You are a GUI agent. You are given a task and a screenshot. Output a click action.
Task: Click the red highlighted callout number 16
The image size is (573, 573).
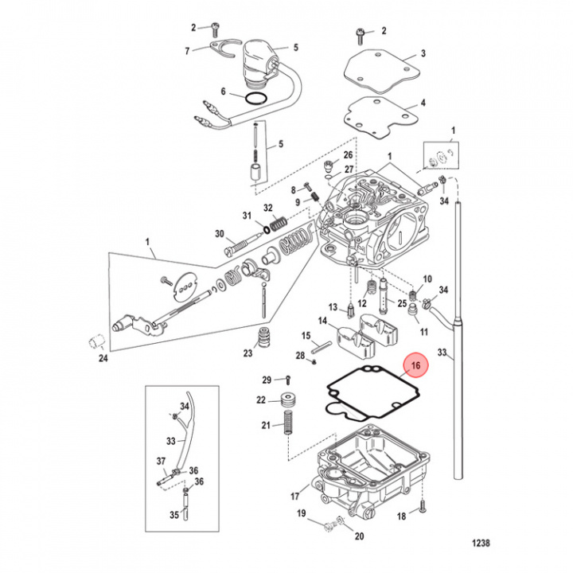coord(415,366)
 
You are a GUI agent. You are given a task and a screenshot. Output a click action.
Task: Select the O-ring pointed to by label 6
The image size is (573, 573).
coord(255,99)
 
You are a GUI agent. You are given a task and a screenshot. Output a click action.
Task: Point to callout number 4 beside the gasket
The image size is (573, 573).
coord(423,103)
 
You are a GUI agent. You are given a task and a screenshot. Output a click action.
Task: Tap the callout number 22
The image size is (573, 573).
coord(261,400)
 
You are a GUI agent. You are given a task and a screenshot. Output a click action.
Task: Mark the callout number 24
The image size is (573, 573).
coord(101,358)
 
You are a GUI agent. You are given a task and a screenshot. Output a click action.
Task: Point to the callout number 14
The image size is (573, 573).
coord(323,321)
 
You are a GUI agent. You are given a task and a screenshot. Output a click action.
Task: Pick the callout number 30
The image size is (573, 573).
coord(220,233)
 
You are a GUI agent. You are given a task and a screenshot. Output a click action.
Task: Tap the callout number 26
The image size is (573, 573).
coord(347,154)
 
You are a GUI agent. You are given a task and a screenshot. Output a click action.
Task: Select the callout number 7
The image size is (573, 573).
coord(188,51)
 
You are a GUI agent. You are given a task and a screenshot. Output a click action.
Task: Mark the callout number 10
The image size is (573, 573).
coord(427,279)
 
